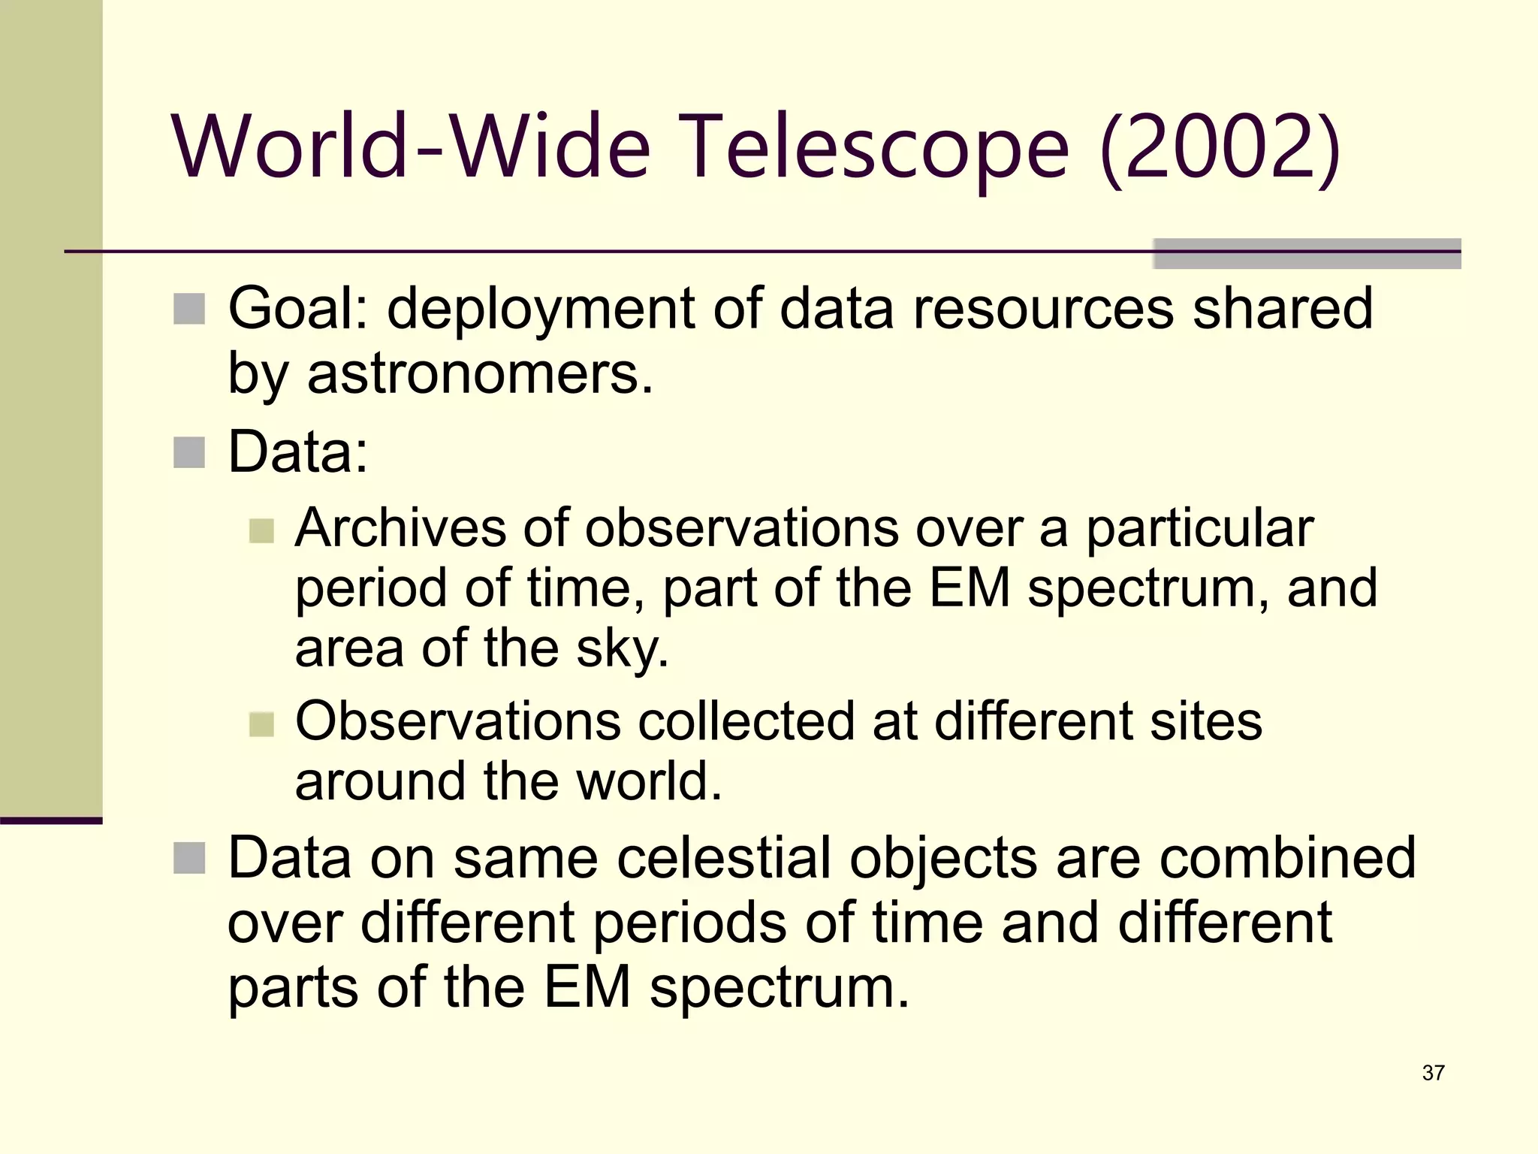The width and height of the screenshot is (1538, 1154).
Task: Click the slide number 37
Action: click(1433, 1073)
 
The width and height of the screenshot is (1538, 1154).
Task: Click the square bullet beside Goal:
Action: click(189, 309)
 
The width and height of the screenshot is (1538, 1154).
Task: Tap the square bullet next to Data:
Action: click(189, 452)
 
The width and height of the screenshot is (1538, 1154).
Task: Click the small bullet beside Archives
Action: click(261, 530)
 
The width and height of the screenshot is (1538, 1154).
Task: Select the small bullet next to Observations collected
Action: click(261, 724)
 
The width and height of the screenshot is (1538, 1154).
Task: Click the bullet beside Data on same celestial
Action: click(189, 858)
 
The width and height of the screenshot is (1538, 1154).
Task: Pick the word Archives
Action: click(400, 527)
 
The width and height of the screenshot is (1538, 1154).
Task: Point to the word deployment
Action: click(540, 310)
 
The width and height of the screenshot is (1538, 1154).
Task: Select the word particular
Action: click(1199, 529)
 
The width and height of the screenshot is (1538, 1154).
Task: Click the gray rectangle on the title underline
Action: click(1307, 253)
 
